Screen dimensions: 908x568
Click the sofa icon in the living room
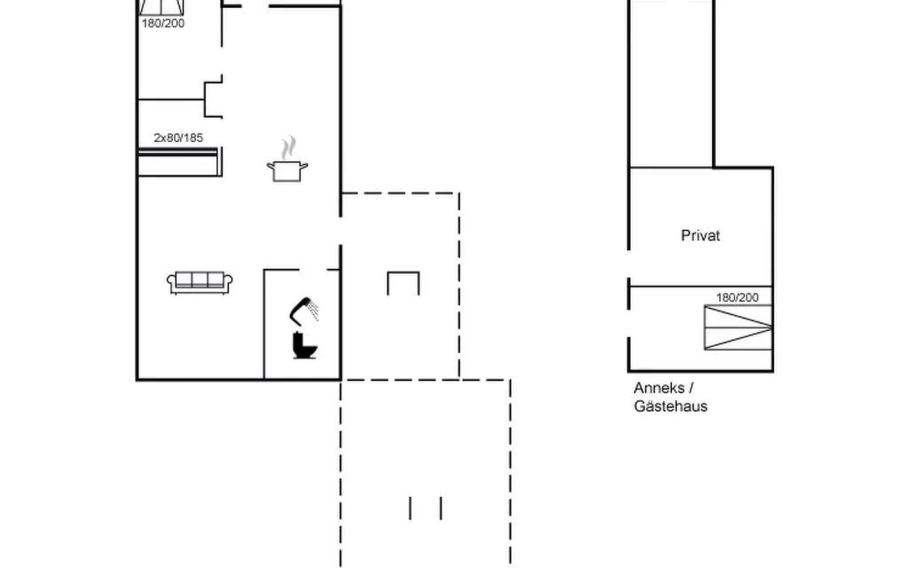tap(200, 282)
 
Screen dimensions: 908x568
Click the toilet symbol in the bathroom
tap(305, 345)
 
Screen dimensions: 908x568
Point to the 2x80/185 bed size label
tap(178, 138)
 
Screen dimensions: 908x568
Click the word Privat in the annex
tap(701, 235)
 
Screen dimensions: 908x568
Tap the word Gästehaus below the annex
tap(670, 406)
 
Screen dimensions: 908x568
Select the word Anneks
tap(659, 388)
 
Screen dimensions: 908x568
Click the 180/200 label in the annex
tap(737, 297)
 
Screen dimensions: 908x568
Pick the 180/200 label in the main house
tap(163, 23)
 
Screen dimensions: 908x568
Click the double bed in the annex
tap(739, 327)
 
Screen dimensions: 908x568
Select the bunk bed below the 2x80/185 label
tap(180, 162)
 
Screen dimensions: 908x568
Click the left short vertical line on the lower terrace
tap(410, 509)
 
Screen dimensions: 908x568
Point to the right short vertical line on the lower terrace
tap(442, 509)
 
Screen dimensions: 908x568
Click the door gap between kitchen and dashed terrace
tap(340, 231)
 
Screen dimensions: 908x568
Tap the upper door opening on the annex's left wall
tap(629, 264)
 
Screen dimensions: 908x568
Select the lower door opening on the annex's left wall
tap(629, 323)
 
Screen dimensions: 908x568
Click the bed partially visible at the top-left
tap(162, 7)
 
